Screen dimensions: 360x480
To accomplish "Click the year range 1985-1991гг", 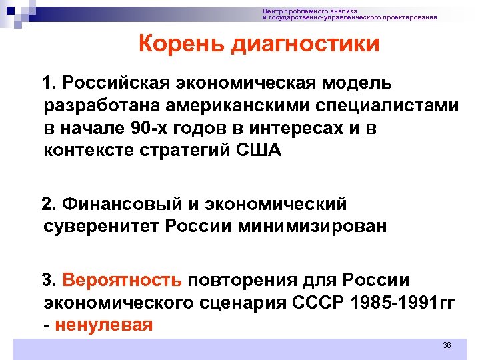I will point(406,302).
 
